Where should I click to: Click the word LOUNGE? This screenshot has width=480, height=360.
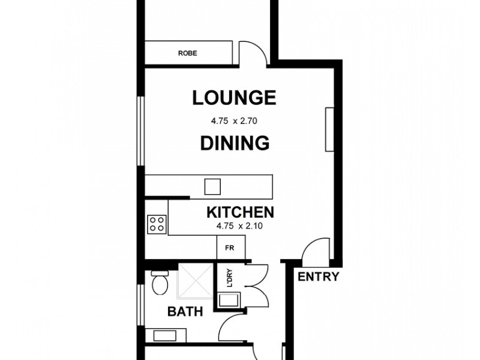click(233, 97)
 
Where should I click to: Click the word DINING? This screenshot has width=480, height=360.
click(233, 143)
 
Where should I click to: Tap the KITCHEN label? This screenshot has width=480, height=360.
click(241, 212)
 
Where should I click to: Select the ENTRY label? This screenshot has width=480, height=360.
click(319, 277)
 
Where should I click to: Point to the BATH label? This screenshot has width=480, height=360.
click(185, 311)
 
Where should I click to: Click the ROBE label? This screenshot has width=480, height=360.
click(187, 53)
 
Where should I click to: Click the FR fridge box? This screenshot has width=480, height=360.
click(229, 246)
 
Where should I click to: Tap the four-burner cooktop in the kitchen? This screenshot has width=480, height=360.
click(157, 224)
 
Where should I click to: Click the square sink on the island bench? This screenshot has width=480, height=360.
click(212, 187)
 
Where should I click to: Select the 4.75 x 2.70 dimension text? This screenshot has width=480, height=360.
click(233, 121)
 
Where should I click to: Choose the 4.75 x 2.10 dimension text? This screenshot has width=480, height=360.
click(241, 226)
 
